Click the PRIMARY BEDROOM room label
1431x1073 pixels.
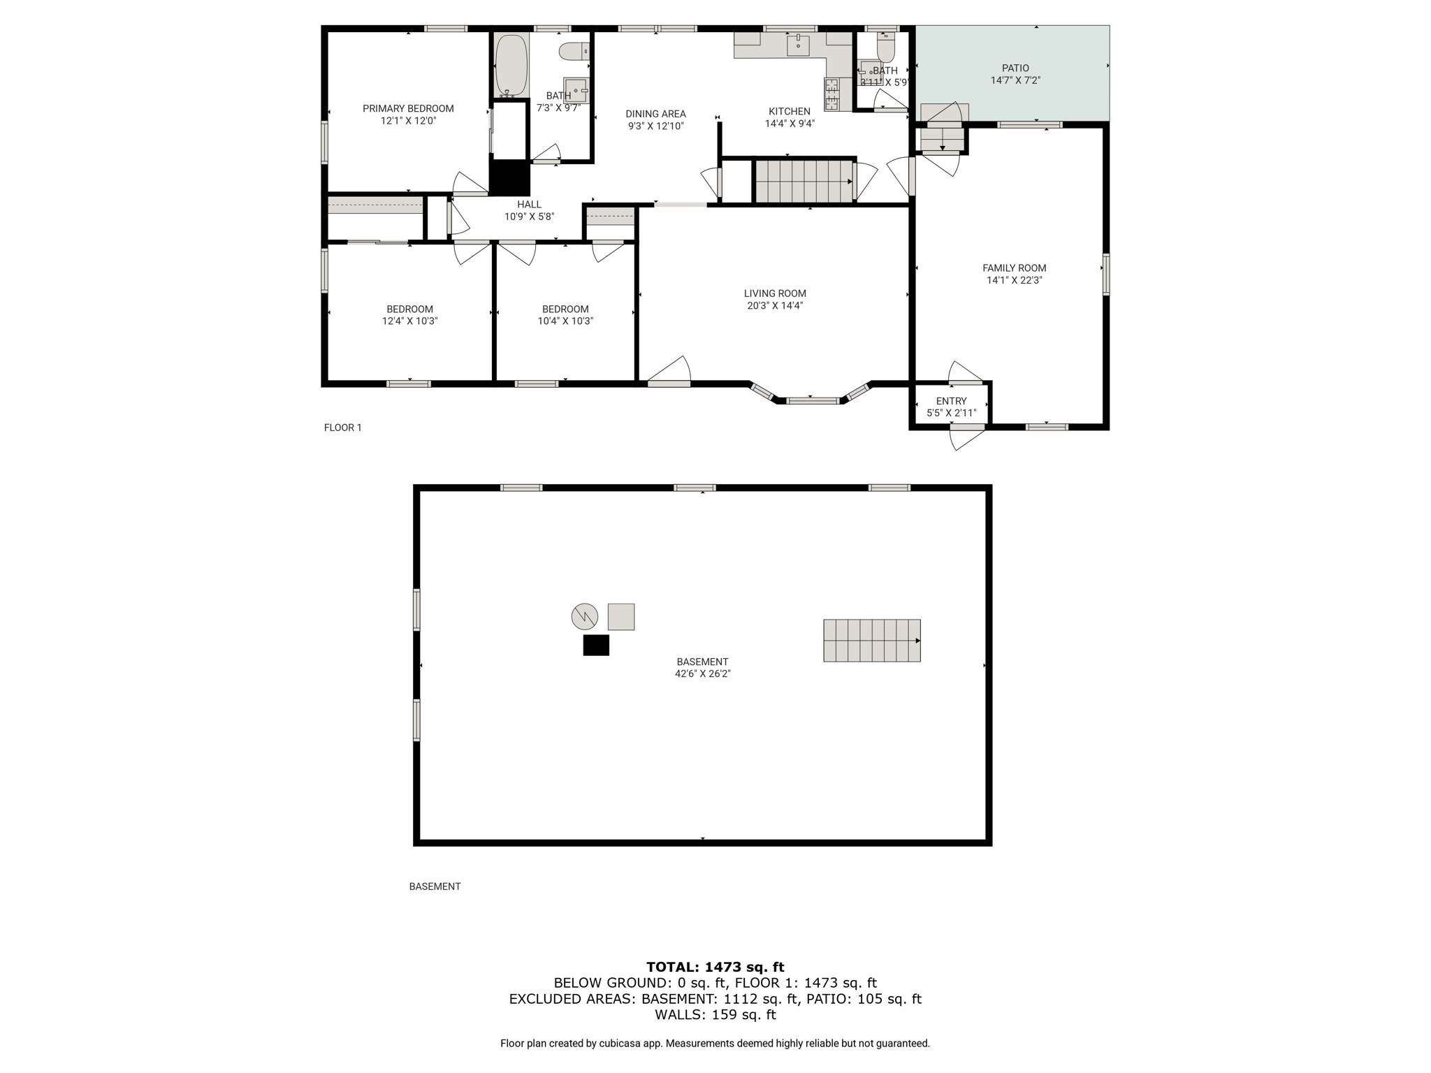click(x=408, y=108)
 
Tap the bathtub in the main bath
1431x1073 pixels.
click(x=511, y=66)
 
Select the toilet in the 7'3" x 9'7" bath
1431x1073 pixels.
click(x=575, y=51)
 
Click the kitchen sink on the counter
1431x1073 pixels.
click(x=797, y=45)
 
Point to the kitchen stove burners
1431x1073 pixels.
click(x=831, y=94)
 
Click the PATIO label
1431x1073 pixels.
click(x=1015, y=68)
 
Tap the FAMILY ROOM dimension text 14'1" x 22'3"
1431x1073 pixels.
click(x=1015, y=280)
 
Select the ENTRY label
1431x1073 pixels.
click(x=951, y=401)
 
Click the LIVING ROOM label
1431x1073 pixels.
click(x=775, y=293)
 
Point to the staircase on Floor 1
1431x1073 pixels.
click(x=804, y=182)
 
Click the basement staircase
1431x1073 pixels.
click(x=871, y=640)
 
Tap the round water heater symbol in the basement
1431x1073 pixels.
click(x=585, y=616)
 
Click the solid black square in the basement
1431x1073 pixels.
click(x=596, y=645)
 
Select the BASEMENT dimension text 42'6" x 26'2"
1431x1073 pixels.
click(x=702, y=673)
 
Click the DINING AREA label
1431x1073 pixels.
click(x=655, y=114)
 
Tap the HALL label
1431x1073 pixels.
click(x=529, y=205)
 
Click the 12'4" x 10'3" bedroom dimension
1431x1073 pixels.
click(x=409, y=321)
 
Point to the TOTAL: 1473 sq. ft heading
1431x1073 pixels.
click(x=715, y=967)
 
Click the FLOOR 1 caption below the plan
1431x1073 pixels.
click(x=342, y=428)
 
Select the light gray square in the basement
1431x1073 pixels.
click(x=621, y=617)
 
